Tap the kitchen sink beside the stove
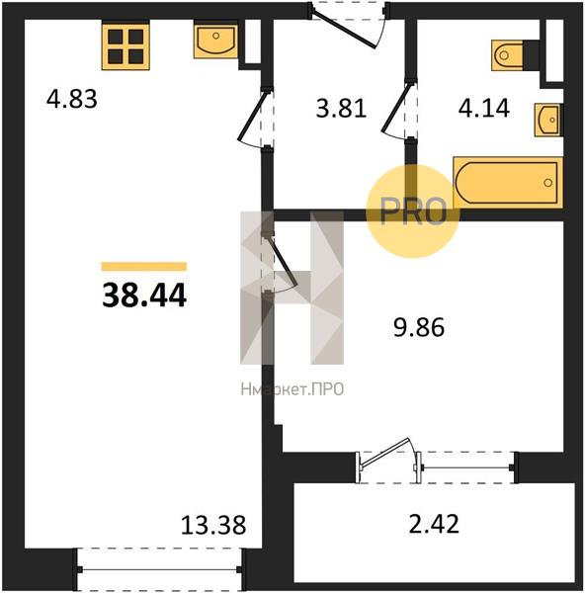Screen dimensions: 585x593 tap(215, 41)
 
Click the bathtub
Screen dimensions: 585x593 tap(508, 183)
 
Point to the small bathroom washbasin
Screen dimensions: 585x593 tap(548, 120)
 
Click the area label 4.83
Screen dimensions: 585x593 tap(71, 99)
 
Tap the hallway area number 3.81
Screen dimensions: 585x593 tap(341, 109)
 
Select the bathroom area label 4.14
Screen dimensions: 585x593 tap(483, 108)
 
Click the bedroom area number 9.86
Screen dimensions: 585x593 tap(419, 327)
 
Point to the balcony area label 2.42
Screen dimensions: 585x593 tap(434, 524)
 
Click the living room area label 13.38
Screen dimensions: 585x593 tap(213, 525)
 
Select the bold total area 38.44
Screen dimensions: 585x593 tap(144, 296)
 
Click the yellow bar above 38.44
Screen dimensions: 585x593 tap(144, 267)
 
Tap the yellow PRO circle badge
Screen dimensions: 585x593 tap(413, 212)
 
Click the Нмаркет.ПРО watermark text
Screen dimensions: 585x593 tap(292, 388)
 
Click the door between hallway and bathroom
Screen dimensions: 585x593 tap(397, 110)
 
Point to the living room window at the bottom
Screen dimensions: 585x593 tap(159, 569)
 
